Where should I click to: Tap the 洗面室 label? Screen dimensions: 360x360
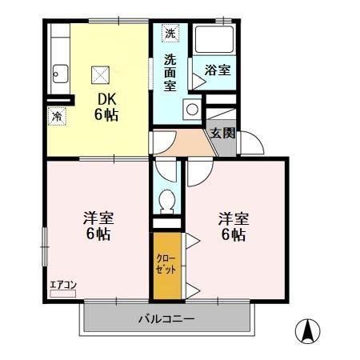[x=170, y=72]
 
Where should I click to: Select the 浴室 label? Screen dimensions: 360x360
[x=217, y=70]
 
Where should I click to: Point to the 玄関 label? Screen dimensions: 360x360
[x=222, y=133]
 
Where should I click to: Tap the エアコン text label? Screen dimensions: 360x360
[x=62, y=283]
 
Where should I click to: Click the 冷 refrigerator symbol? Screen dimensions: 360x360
[x=57, y=117]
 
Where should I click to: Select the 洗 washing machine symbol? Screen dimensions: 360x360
[x=170, y=34]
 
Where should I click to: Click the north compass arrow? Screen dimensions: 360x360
[x=308, y=330]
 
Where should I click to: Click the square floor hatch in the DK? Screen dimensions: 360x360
[x=101, y=74]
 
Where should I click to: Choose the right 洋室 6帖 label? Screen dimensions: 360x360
[x=233, y=226]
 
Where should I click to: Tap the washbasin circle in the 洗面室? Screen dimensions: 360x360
[x=192, y=110]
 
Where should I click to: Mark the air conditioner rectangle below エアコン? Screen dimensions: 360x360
[x=62, y=294]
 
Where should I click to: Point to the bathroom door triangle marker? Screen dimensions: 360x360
[x=197, y=79]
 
